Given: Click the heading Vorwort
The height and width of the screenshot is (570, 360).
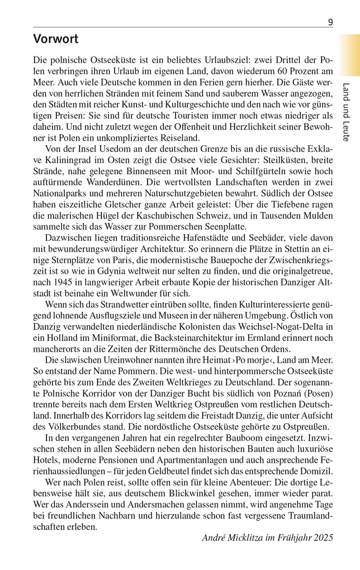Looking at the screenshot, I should tap(56, 39).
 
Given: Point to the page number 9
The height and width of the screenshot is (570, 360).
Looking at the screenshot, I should tap(330, 22).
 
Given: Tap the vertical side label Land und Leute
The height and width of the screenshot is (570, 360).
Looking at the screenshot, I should tap(346, 112).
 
